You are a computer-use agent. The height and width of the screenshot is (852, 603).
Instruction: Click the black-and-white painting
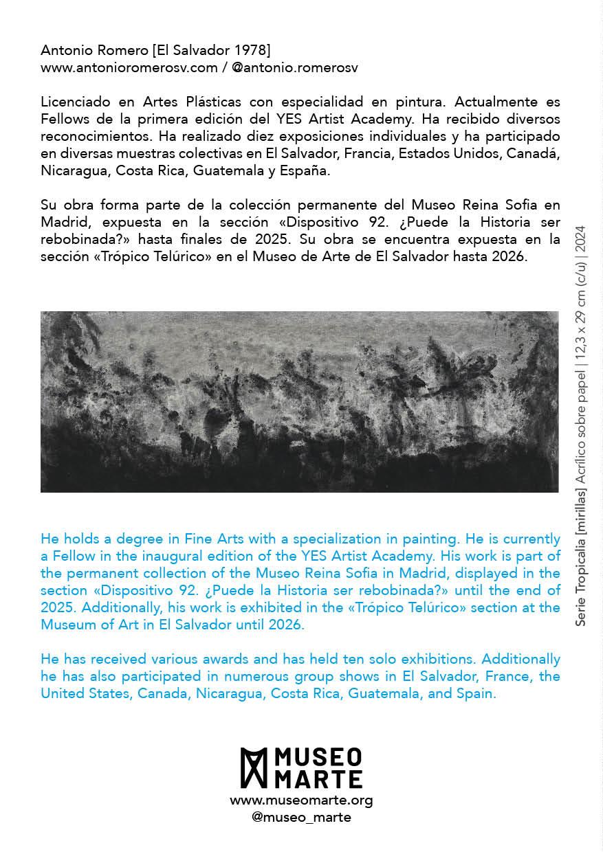pos(299,401)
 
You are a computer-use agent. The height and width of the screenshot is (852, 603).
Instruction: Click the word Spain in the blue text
pos(475,693)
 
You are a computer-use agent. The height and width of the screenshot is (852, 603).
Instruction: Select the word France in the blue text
pos(505,676)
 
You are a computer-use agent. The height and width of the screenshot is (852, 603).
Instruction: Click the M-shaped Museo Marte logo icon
pos(253,767)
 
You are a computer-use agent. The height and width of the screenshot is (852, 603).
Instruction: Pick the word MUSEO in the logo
pos(318,759)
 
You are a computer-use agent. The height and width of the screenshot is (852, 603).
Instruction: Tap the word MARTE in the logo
pos(318,778)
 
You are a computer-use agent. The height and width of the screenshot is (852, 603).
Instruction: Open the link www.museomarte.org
pos(301,800)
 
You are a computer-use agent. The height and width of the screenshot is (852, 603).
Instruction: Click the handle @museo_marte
pos(301,817)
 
